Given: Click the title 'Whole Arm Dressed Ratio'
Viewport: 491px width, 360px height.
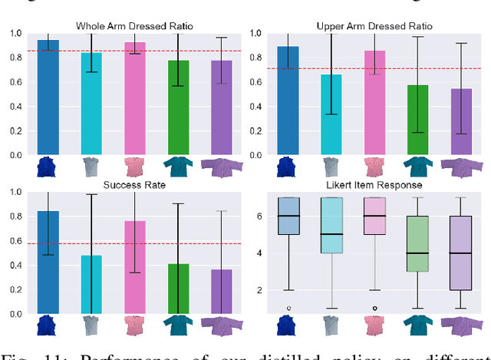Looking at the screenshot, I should [x=134, y=26].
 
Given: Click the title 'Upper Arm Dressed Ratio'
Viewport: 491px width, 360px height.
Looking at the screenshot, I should [x=374, y=26].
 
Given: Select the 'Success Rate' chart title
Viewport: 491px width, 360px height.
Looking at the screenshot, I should [x=134, y=185].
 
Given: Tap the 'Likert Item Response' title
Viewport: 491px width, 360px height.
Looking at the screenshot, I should [x=374, y=185].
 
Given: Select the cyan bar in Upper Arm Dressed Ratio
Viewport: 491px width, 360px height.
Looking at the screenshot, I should [x=331, y=115].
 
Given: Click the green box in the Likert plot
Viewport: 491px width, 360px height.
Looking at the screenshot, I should [x=418, y=243].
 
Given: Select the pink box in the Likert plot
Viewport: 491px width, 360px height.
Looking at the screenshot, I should [x=374, y=216].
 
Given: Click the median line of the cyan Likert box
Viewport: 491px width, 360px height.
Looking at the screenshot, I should [x=331, y=234].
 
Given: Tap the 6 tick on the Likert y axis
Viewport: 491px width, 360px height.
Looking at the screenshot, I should [x=261, y=216].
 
